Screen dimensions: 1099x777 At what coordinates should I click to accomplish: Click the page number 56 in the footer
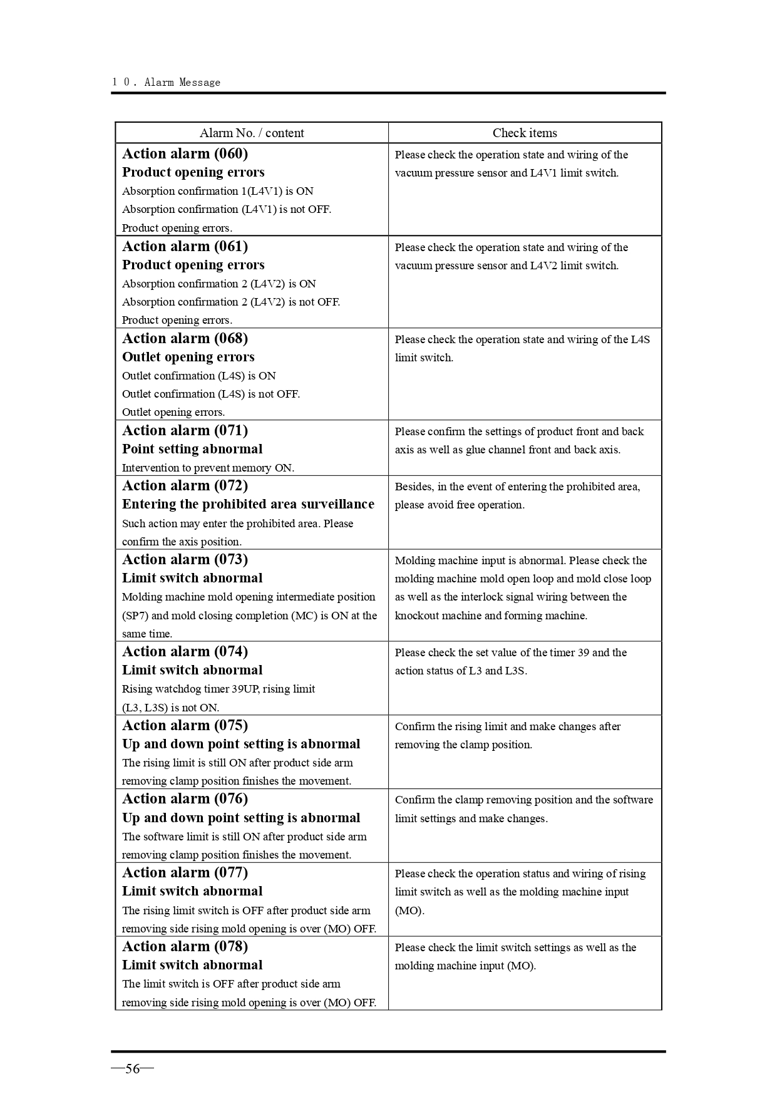coord(132,1068)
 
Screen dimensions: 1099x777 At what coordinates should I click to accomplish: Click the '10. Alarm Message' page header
coord(167,82)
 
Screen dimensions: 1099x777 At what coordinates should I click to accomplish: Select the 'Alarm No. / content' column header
coord(252,133)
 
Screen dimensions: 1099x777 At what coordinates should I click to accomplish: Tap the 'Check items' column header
coord(524,133)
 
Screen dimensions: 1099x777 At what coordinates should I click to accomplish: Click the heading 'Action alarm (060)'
coord(185,154)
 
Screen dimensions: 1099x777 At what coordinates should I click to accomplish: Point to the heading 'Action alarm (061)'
coord(185,246)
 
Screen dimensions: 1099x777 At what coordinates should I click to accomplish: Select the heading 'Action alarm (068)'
coord(185,338)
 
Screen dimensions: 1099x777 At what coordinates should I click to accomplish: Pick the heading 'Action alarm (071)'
coord(185,430)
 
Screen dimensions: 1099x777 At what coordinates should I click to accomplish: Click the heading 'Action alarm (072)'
coord(185,485)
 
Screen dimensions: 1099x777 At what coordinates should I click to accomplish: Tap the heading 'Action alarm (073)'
coord(185,559)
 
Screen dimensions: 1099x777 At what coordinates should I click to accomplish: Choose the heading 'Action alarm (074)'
coord(185,651)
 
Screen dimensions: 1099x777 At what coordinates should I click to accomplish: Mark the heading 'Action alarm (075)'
coord(185,725)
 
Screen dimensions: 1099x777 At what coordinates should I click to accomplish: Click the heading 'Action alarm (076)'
coord(185,798)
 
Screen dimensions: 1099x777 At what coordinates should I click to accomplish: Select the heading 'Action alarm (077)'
coord(185,872)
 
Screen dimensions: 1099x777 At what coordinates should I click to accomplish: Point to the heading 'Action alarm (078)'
coord(185,946)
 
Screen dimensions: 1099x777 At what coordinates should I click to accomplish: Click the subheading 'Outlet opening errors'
coord(188,357)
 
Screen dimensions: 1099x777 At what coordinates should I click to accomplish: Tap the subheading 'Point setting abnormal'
coord(192,449)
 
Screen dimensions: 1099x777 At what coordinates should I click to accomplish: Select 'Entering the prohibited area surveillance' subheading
coord(248,504)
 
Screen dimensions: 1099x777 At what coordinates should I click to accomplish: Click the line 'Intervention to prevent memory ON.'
coord(208,468)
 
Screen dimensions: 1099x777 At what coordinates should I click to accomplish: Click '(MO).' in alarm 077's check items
coord(409,911)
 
